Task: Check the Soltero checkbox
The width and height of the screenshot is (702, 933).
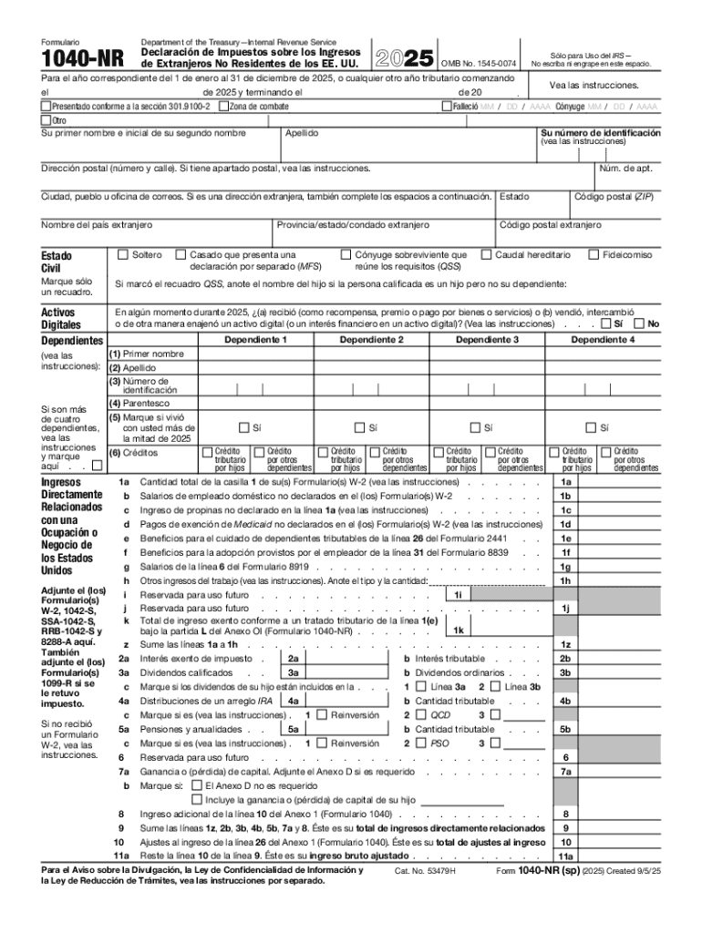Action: (x=123, y=255)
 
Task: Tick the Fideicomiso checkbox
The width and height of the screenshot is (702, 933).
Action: (x=594, y=255)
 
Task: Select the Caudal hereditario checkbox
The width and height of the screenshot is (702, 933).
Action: (x=487, y=255)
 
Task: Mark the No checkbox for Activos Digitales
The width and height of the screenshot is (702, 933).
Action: (x=639, y=323)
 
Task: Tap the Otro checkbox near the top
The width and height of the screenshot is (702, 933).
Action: (x=46, y=119)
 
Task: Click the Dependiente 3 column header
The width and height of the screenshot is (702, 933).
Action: (x=487, y=340)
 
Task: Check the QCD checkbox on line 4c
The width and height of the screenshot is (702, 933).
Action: (x=421, y=715)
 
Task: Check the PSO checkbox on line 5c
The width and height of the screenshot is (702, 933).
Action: (x=421, y=743)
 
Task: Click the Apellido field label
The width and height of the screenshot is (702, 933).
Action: (x=301, y=133)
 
